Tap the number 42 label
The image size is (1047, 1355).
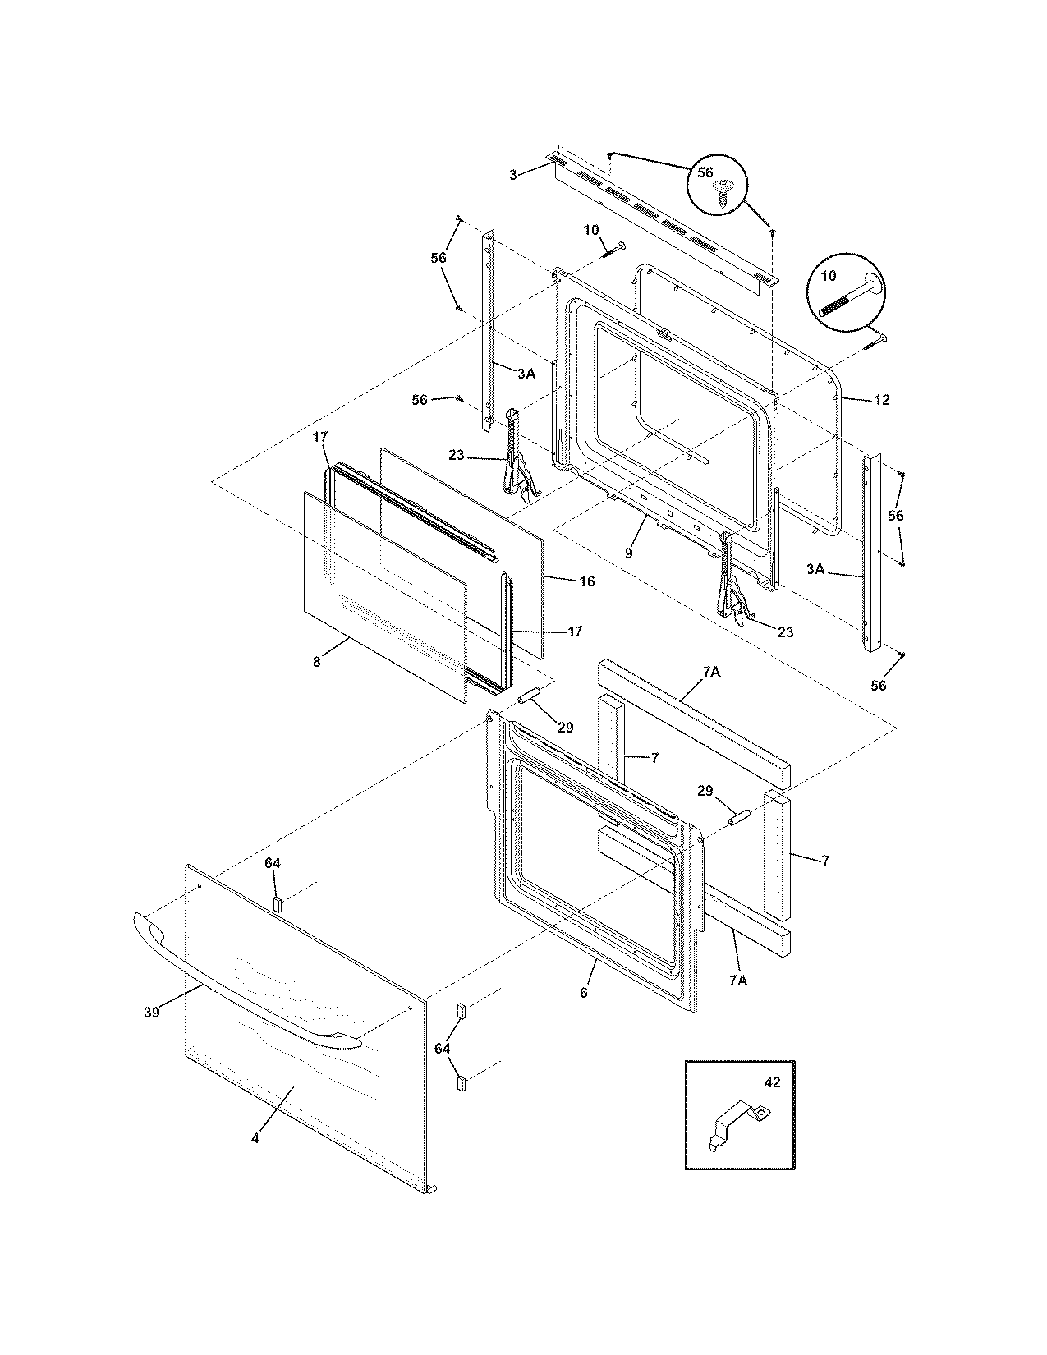coord(772,1082)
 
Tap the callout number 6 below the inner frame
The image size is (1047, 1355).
coord(583,993)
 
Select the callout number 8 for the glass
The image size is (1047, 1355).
coord(317,661)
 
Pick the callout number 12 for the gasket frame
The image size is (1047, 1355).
coord(882,400)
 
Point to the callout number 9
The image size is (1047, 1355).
coord(628,553)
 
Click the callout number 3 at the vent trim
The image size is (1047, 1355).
coord(512,175)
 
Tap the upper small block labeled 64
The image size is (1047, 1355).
coord(277,904)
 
